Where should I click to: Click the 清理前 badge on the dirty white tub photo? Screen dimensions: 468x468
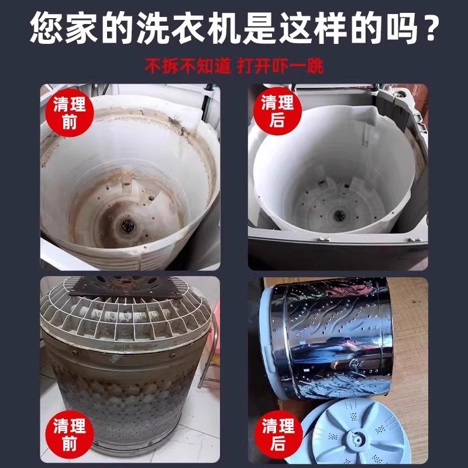tap(69, 113)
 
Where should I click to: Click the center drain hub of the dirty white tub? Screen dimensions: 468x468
tap(123, 222)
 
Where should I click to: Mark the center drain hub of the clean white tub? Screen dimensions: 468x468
tap(338, 215)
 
